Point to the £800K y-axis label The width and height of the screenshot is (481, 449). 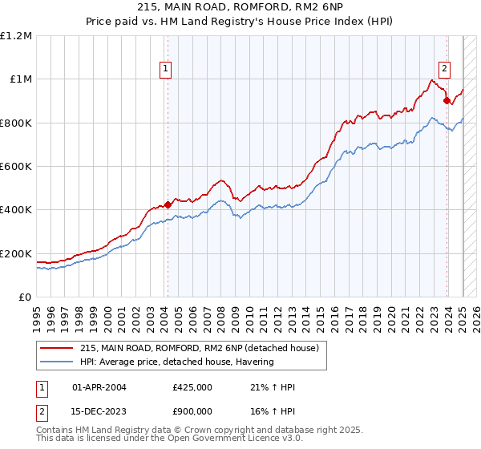[x=17, y=123]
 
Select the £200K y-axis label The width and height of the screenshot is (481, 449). [x=17, y=253]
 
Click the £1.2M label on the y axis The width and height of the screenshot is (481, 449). [x=17, y=36]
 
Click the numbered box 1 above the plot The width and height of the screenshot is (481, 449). [x=166, y=69]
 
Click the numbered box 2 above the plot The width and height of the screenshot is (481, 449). [x=444, y=69]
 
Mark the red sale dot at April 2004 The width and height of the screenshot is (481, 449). [x=168, y=204]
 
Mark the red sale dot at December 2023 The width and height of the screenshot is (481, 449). [x=447, y=101]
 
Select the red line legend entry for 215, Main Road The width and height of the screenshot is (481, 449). [x=200, y=348]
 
